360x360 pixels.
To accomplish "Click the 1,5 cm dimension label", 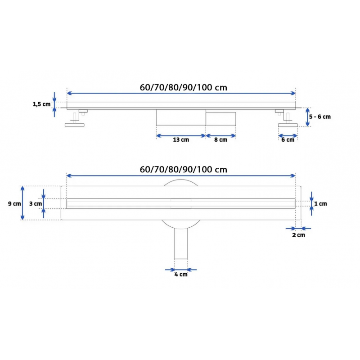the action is pos(41,104).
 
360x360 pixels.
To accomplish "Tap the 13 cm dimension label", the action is pos(181,139).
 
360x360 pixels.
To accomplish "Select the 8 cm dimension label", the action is pos(220,139).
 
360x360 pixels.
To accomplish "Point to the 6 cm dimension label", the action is pos(288,139).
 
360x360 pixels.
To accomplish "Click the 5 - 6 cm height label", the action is pos(320,117).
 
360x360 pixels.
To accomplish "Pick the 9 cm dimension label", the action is pos(14,204).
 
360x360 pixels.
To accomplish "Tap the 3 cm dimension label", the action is pos(36,204).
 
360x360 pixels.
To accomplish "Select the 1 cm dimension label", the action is pos(320,204).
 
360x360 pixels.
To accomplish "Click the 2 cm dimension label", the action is pos(298,235).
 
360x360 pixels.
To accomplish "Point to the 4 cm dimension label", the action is pos(181,274).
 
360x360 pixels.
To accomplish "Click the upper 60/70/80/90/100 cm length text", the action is pos(184,87).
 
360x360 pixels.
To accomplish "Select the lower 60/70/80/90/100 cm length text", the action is pos(184,170).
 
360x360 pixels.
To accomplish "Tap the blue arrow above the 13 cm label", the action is pos(181,136).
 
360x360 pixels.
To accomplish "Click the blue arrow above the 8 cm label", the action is pos(221,136).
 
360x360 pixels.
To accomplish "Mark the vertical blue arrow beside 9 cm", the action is pos(22,203).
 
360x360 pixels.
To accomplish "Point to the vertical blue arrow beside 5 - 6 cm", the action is pos(308,117).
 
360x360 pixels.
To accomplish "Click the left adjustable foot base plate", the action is pos(75,125).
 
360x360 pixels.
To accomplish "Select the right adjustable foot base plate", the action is pos(288,125).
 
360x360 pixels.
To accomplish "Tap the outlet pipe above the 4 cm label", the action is pos(181,243).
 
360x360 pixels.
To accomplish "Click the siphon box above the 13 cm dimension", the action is pos(181,117).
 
